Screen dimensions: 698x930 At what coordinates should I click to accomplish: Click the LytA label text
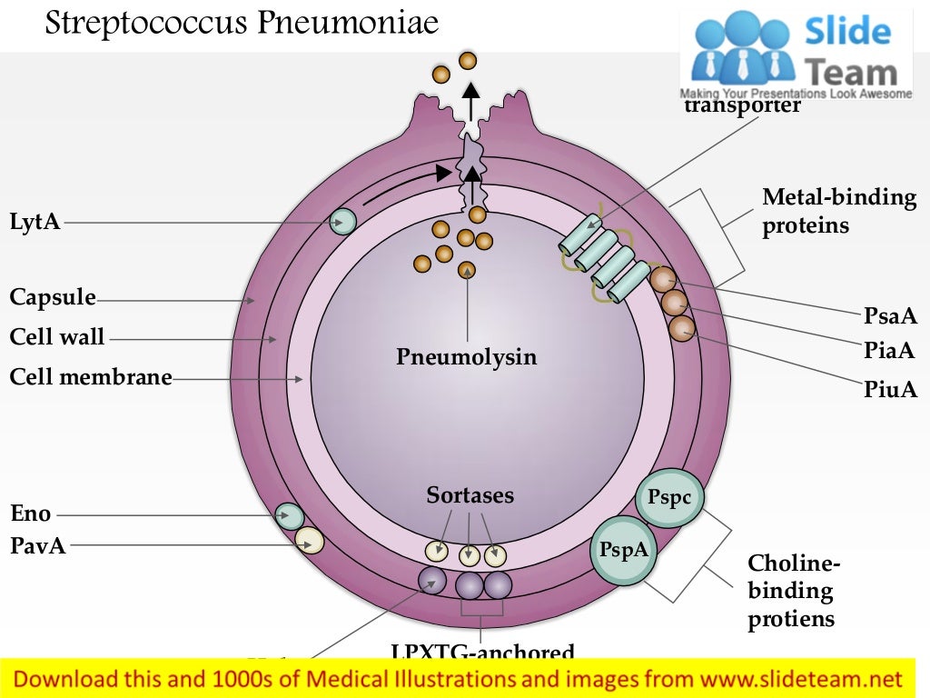point(35,222)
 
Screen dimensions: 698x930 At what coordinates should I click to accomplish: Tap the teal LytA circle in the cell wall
point(342,222)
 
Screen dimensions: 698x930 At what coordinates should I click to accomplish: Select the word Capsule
point(53,298)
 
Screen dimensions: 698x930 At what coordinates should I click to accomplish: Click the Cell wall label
point(57,338)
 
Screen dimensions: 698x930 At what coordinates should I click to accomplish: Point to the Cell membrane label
point(91,377)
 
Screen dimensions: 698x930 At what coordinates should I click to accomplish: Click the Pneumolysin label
point(466,357)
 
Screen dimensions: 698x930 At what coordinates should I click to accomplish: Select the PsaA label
point(890,316)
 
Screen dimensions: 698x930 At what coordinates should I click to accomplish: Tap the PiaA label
point(889,351)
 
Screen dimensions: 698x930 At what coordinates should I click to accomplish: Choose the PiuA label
point(890,390)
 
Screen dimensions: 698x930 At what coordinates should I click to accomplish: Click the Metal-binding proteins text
point(838,211)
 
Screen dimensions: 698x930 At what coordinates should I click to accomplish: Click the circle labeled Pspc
point(669,497)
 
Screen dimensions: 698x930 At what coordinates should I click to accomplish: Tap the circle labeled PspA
point(624,549)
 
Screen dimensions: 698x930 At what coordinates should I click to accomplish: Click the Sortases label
point(470,495)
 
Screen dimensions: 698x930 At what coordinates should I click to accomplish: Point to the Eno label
point(30,514)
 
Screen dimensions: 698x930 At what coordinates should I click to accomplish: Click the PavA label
point(37,546)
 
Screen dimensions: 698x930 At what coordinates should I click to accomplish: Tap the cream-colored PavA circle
point(309,541)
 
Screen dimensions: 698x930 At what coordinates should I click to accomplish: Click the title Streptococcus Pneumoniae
point(242,23)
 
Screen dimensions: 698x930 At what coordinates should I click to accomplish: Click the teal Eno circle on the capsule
point(290,516)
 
